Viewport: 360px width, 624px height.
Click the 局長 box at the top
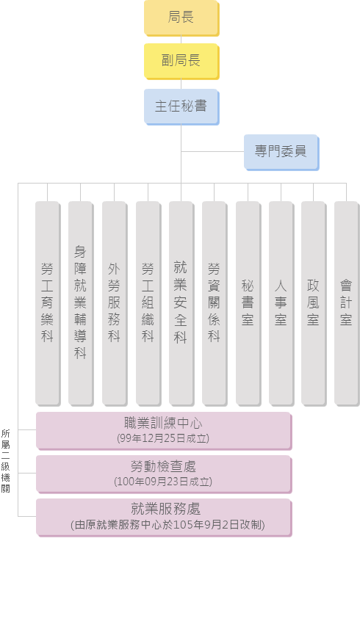[x=181, y=18]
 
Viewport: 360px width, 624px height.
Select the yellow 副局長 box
[x=181, y=61]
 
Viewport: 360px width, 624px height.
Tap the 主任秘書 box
[x=181, y=106]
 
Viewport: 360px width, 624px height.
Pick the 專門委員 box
[x=281, y=153]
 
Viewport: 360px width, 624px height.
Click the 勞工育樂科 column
[x=48, y=304]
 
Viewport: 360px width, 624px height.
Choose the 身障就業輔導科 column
[x=81, y=304]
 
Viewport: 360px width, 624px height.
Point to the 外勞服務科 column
[x=115, y=304]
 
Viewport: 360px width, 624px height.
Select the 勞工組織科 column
[x=148, y=304]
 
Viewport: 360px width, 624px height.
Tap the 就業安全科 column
[x=181, y=304]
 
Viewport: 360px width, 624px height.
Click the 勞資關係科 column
[x=215, y=304]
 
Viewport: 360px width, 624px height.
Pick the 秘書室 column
[x=248, y=304]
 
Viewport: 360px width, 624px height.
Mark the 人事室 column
[x=281, y=304]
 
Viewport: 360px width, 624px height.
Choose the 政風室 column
[x=314, y=304]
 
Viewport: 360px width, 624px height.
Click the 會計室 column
[x=347, y=304]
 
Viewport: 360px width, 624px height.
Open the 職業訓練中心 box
[x=164, y=431]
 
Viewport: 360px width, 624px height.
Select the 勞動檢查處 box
[x=164, y=474]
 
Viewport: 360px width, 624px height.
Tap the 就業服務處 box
[x=164, y=518]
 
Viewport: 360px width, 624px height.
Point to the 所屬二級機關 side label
[x=6, y=461]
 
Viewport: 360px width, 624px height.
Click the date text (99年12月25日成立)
[x=163, y=438]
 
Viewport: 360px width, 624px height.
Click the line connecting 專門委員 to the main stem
[x=212, y=152]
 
